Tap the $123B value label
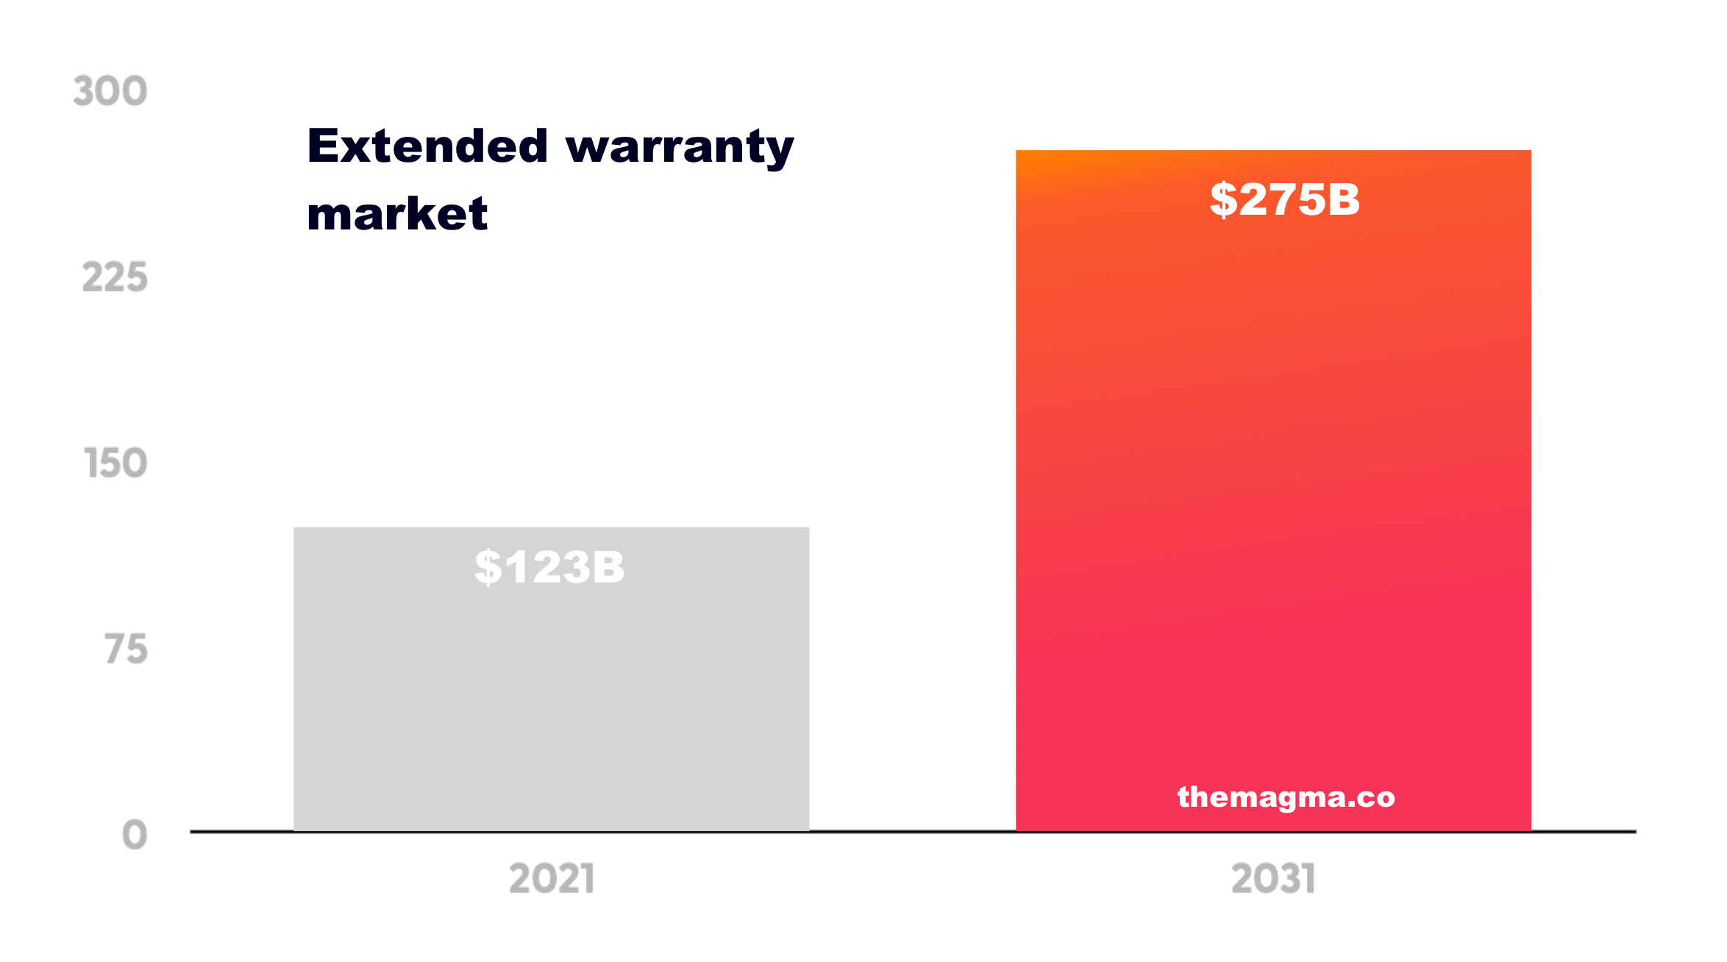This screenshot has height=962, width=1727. pyautogui.click(x=549, y=568)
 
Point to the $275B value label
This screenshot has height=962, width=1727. pyautogui.click(x=1285, y=199)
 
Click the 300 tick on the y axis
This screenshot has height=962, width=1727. pyautogui.click(x=110, y=91)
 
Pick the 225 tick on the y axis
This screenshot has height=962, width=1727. pyautogui.click(x=115, y=278)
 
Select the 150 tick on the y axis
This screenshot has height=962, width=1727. pyautogui.click(x=116, y=463)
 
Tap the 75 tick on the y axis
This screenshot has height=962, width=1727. pyautogui.click(x=126, y=649)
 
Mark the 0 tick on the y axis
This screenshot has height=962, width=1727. pyautogui.click(x=135, y=835)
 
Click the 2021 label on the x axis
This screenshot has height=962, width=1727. pyautogui.click(x=552, y=879)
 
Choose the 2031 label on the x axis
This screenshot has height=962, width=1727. pyautogui.click(x=1273, y=879)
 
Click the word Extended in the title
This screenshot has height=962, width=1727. pyautogui.click(x=427, y=146)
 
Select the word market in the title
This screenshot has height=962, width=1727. pyautogui.click(x=397, y=214)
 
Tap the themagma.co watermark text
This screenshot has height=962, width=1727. pyautogui.click(x=1286, y=797)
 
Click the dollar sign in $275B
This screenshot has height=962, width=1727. pyautogui.click(x=1223, y=199)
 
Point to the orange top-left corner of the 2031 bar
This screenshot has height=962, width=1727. pyautogui.click(x=1024, y=157)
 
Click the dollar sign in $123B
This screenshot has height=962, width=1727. pyautogui.click(x=488, y=568)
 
